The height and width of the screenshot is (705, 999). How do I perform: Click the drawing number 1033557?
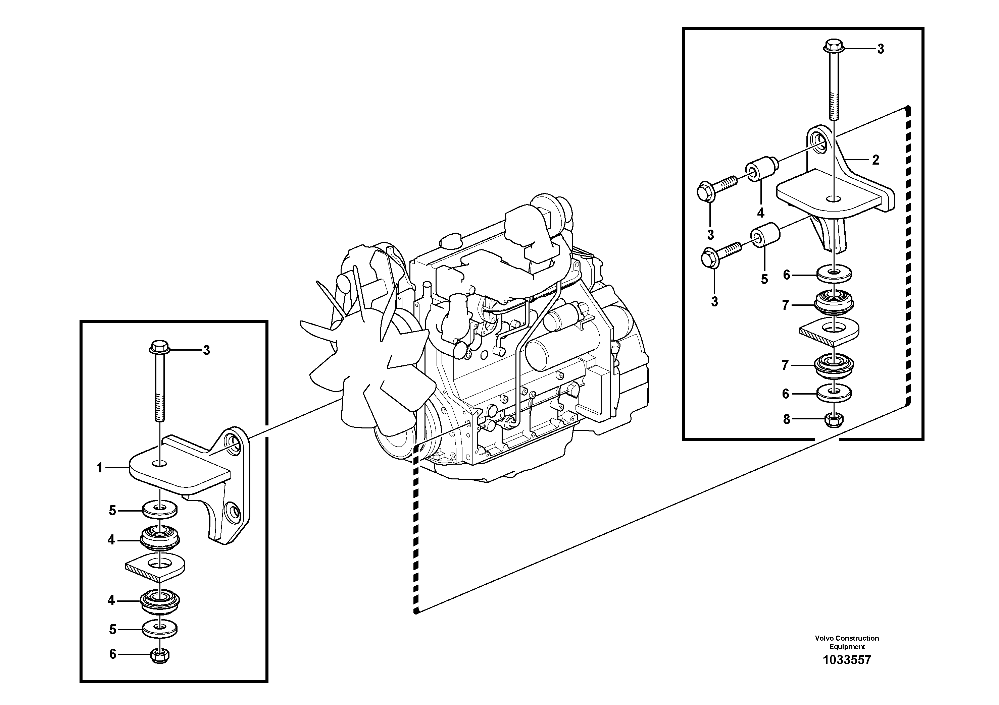pyautogui.click(x=847, y=660)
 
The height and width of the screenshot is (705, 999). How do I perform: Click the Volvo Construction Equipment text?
pyautogui.click(x=847, y=642)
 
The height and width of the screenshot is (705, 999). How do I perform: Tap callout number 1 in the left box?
pyautogui.click(x=100, y=468)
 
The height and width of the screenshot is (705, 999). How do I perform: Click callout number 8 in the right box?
pyautogui.click(x=786, y=419)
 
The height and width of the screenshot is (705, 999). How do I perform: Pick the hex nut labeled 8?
pyautogui.click(x=833, y=420)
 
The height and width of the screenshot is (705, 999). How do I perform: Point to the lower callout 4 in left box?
pyautogui.click(x=111, y=600)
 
